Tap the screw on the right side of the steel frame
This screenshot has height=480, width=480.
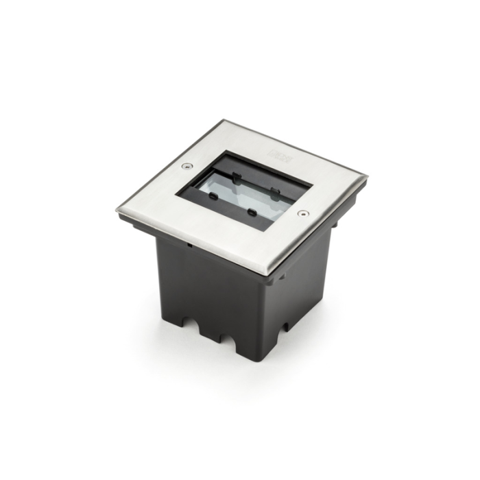pyautogui.click(x=302, y=213)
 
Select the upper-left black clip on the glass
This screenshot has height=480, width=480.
pyautogui.click(x=237, y=177)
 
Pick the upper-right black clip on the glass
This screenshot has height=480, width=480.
pyautogui.click(x=275, y=191)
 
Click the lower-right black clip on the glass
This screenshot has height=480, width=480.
pyautogui.click(x=252, y=212)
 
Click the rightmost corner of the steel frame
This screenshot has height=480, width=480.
pyautogui.click(x=366, y=178)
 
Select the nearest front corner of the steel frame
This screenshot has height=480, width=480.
pyautogui.click(x=265, y=274)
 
